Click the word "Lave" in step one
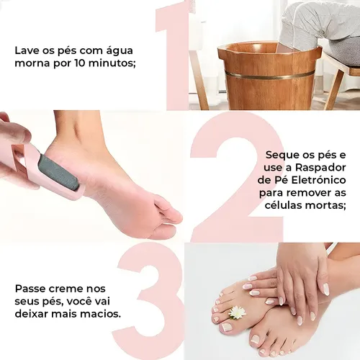pos(27,50)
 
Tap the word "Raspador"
pos(320,168)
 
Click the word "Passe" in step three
pos(30,289)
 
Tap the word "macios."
pos(104,314)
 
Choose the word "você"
pos(78,302)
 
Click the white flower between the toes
pos(237,312)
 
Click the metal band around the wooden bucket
pos(270,74)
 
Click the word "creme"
pos(64,289)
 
